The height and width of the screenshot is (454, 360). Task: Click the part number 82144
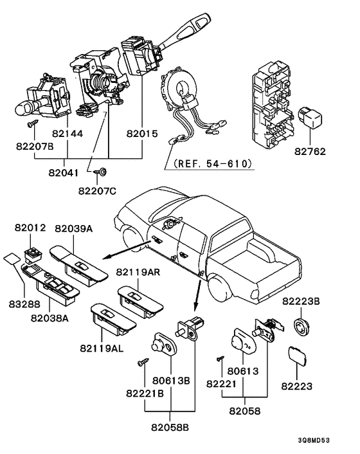tap(67, 134)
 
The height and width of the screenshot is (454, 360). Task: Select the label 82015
tap(142, 134)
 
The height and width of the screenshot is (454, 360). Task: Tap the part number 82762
tap(310, 151)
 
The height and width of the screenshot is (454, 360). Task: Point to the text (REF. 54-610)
tap(213, 163)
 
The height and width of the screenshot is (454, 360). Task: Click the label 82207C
tap(97, 191)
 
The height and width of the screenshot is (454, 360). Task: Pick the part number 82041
tap(64, 173)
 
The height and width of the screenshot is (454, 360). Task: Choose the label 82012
tap(30, 228)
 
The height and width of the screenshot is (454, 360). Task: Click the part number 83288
tap(24, 304)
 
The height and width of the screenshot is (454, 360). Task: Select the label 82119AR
tap(138, 272)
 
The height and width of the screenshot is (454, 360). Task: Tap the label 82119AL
tap(102, 349)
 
